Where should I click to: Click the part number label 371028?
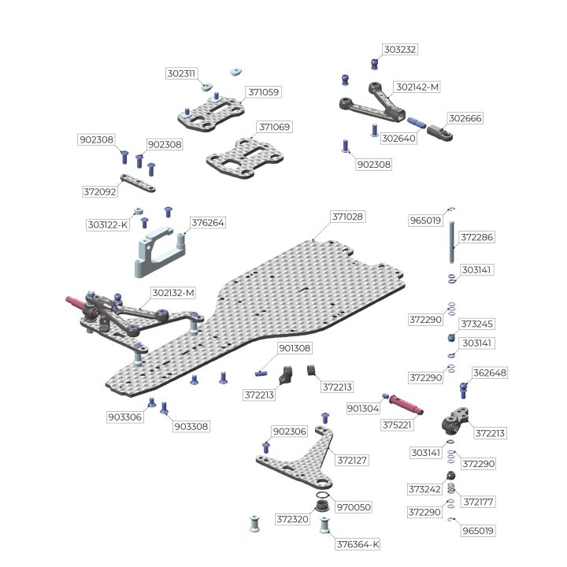[x=347, y=217]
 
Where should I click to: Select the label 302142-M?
[x=417, y=87]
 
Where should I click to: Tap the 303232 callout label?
[x=400, y=50]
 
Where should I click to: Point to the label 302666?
[x=465, y=118]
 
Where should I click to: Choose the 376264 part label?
[x=208, y=223]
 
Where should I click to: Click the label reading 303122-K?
[x=107, y=224]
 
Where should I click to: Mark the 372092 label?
[x=99, y=191]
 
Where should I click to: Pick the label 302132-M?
[x=172, y=293]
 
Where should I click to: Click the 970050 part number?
[x=352, y=507]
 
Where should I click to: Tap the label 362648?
[x=489, y=372]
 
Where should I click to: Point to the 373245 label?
[x=477, y=324]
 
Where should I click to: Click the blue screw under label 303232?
[x=376, y=64]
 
